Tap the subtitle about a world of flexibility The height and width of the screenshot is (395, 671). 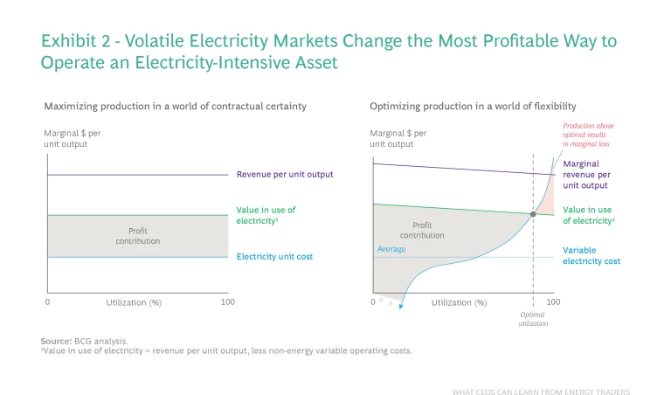[x=473, y=106]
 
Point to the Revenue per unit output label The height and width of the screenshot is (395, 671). [x=285, y=174]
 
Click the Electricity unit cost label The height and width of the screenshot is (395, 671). [x=274, y=257]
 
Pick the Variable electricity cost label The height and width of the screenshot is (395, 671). [x=591, y=255]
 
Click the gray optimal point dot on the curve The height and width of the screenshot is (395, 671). [x=532, y=214]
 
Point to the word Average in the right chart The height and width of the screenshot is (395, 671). [x=391, y=250]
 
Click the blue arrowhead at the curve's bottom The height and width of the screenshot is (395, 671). [x=401, y=305]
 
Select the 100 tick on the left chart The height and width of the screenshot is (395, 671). [x=228, y=301]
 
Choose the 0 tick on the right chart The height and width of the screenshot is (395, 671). [x=372, y=301]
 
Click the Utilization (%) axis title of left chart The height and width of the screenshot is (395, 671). [x=135, y=302]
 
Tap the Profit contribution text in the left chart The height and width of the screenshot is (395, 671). [x=138, y=236]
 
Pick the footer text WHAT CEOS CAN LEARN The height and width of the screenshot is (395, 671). [x=541, y=392]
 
